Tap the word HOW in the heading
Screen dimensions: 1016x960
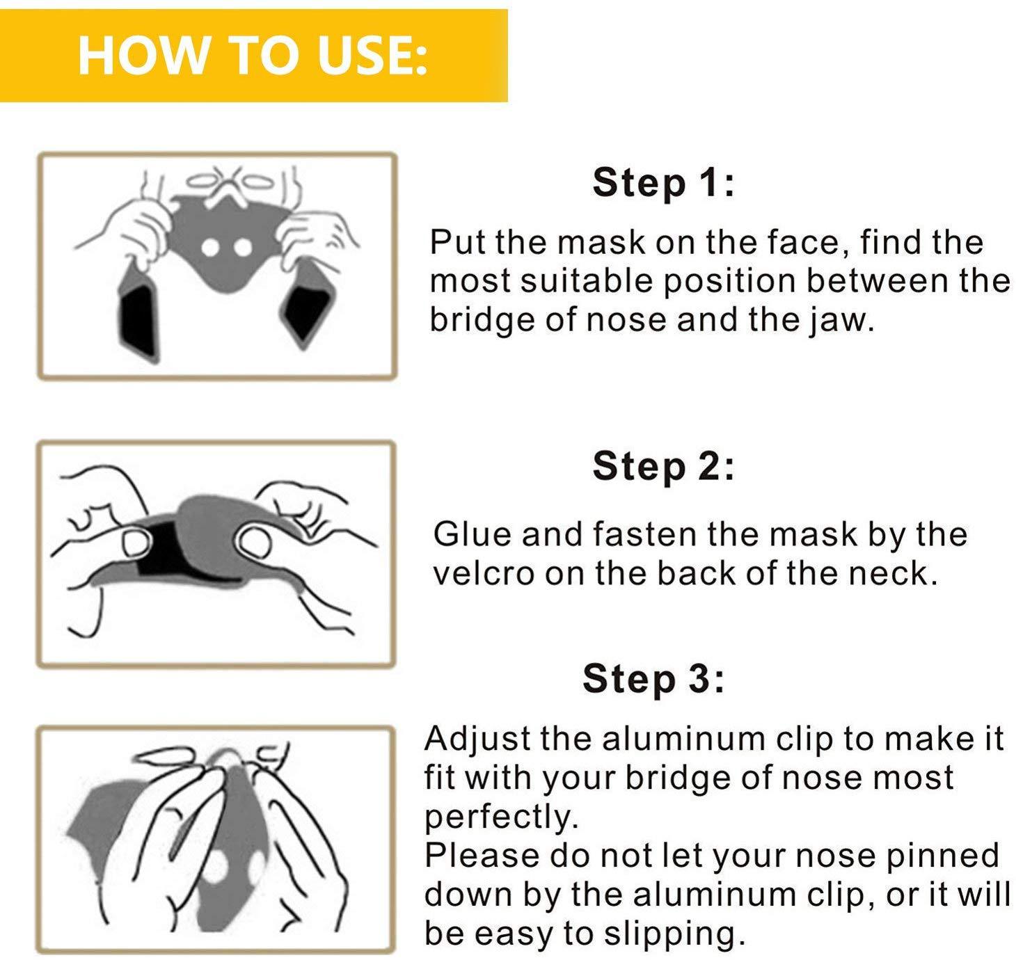141,55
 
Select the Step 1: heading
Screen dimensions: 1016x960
662,182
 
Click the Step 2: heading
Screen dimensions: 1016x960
662,466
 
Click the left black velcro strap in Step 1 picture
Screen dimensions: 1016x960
138,319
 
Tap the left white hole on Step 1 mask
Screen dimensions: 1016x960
211,248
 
